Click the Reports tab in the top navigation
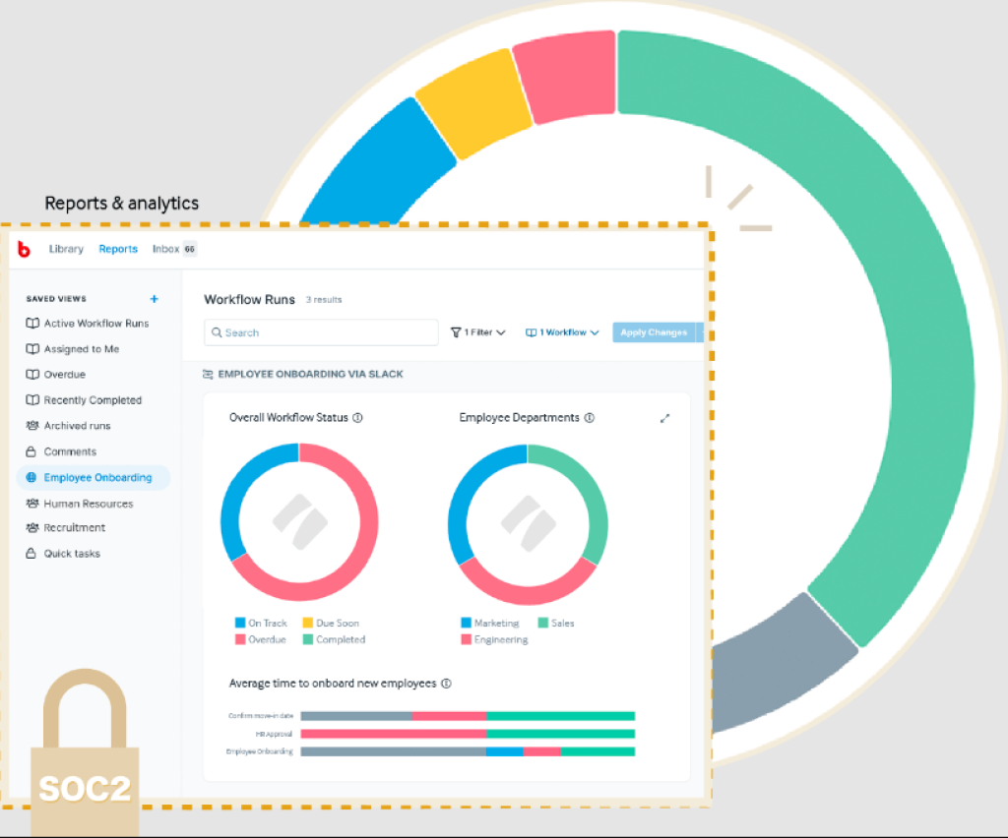(118, 249)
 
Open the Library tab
(66, 249)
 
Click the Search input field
(321, 332)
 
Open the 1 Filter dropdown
(477, 332)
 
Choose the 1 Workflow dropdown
(562, 332)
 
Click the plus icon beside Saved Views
(154, 299)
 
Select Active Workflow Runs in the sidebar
(95, 324)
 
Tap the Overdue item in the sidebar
(64, 375)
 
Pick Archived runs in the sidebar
(77, 426)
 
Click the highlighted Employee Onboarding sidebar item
(96, 478)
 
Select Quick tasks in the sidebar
(71, 554)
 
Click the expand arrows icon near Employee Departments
(664, 418)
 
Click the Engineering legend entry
(500, 639)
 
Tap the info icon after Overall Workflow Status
(357, 418)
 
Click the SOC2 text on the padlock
(84, 788)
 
